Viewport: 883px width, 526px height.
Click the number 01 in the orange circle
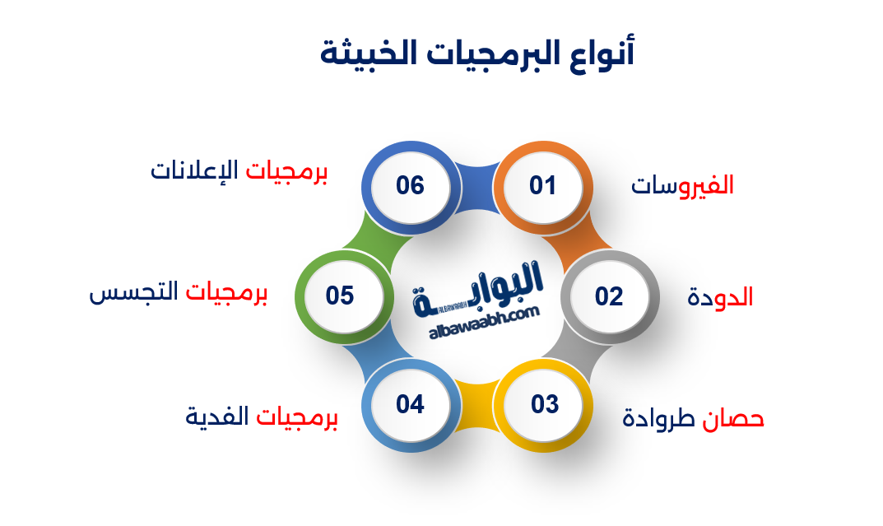point(543,186)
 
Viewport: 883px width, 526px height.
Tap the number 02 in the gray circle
point(609,296)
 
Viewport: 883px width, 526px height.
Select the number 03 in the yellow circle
point(544,405)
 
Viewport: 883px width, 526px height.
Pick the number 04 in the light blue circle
point(410,405)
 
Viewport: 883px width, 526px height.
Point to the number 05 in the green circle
point(340,296)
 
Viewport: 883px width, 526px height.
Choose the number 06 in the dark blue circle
point(410,186)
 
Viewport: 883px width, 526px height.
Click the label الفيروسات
point(682,186)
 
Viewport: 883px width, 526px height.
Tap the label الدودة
point(720,297)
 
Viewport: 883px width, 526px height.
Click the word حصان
point(734,419)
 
